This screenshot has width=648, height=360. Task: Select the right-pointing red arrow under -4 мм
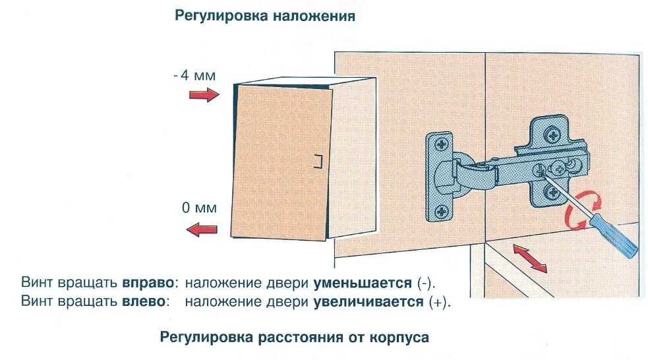point(204,96)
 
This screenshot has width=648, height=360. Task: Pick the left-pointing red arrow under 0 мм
point(202,229)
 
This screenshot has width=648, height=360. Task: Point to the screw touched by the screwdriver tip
point(540,170)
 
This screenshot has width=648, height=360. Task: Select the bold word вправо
point(150,284)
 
